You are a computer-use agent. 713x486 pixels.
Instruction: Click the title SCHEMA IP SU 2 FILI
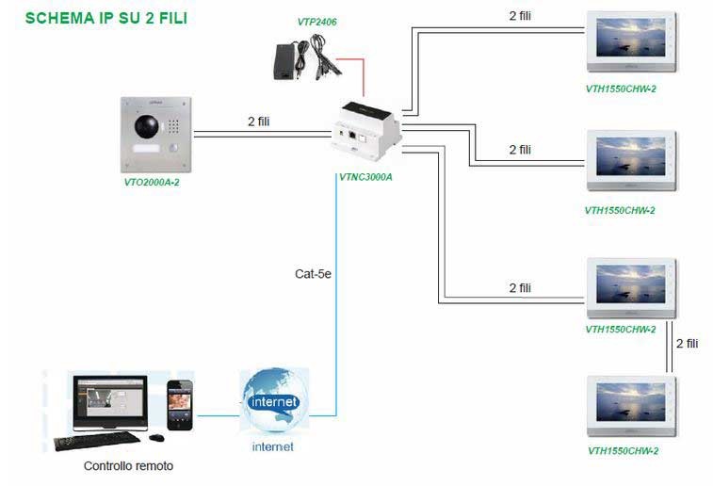pyautogui.click(x=105, y=17)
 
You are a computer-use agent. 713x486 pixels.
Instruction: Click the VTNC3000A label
pyautogui.click(x=365, y=176)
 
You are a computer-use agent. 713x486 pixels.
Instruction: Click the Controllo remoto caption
pyautogui.click(x=128, y=465)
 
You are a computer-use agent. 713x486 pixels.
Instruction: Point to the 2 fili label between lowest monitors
pyautogui.click(x=688, y=344)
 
